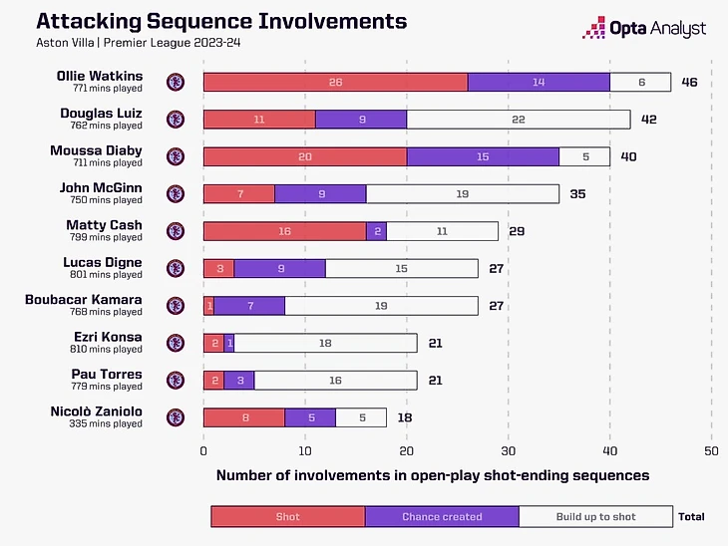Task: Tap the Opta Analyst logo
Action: tap(645, 30)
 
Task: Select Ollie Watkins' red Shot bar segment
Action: tap(335, 82)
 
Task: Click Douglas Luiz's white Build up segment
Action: tap(518, 119)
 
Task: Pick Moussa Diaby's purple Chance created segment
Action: tap(483, 156)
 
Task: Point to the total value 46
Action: tap(689, 82)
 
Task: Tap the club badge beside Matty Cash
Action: tap(177, 231)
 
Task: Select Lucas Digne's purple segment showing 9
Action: tap(279, 268)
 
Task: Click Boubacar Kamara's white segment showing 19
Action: tap(381, 306)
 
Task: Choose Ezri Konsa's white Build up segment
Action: tap(325, 343)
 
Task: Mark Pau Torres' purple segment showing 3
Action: tap(239, 381)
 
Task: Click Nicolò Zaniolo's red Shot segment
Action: tap(243, 417)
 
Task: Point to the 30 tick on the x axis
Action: tap(508, 450)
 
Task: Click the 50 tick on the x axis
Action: tap(711, 450)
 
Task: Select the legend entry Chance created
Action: tap(442, 516)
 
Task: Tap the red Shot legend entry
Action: tap(287, 516)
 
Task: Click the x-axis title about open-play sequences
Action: tap(433, 475)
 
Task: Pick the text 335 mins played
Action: tap(106, 423)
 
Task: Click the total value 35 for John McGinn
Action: tap(577, 193)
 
